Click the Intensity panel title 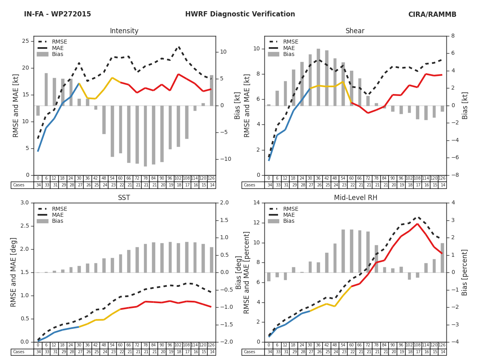(x=124, y=31)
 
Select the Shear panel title (x=355, y=31)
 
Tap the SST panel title (x=124, y=198)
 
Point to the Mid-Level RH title (x=355, y=198)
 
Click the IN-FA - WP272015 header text (x=58, y=14)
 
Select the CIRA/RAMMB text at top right (x=432, y=14)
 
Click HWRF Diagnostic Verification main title (x=240, y=14)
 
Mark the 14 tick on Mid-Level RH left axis (x=256, y=203)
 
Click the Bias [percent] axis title (x=465, y=272)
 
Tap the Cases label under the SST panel (x=18, y=352)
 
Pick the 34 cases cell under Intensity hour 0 (x=38, y=185)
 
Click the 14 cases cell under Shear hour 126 (x=442, y=185)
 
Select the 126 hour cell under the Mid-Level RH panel (x=442, y=345)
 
